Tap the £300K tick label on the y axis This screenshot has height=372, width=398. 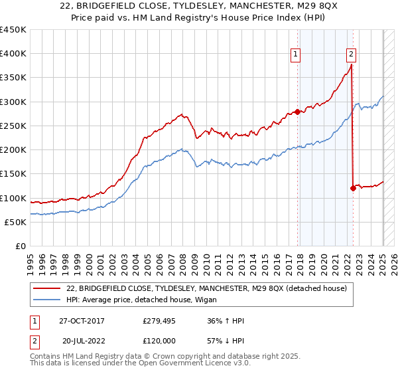(x=13, y=102)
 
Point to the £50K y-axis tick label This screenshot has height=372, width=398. (x=15, y=222)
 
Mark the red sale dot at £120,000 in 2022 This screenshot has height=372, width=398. (x=353, y=188)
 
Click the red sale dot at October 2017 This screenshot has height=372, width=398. (x=297, y=112)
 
